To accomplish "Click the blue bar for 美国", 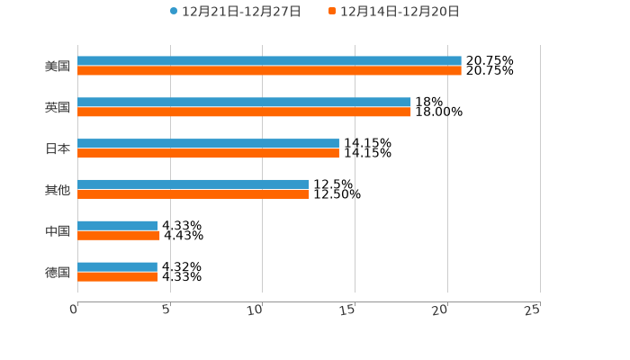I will (x=269, y=61).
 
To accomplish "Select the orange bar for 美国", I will (x=269, y=70).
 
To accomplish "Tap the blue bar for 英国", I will (x=244, y=103).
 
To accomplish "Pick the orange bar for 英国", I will (x=244, y=112).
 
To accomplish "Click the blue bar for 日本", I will (x=208, y=144).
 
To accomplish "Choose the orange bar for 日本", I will (x=208, y=153).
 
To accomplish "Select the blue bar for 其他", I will (x=193, y=184).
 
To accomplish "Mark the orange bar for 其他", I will (x=193, y=193).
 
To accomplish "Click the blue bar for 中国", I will (x=118, y=226).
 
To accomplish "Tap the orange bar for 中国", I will (x=119, y=235).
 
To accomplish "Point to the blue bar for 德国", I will (x=117, y=267).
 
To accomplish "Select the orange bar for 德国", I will (x=118, y=276).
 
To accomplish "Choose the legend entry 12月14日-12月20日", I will (x=399, y=12).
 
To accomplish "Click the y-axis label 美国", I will (x=58, y=67).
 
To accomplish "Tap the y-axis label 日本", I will (x=58, y=148).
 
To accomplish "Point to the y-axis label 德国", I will (x=58, y=272).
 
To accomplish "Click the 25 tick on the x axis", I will (x=532, y=310).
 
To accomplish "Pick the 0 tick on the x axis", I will (x=74, y=310).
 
